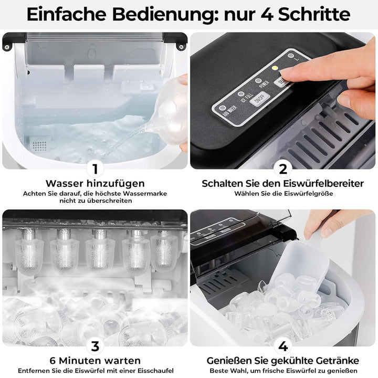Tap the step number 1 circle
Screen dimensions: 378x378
click(x=95, y=169)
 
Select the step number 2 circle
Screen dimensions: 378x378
click(x=283, y=169)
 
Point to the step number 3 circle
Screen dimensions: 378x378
click(x=95, y=345)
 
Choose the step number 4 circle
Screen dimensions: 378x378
click(x=283, y=345)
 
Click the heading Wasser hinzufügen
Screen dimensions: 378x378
click(x=95, y=183)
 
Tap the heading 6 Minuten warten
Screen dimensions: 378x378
click(x=95, y=360)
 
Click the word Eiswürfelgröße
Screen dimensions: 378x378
click(x=307, y=193)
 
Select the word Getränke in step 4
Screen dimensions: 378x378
click(x=334, y=360)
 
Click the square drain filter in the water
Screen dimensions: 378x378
click(x=40, y=143)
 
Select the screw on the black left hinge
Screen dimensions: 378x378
click(x=7, y=47)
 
